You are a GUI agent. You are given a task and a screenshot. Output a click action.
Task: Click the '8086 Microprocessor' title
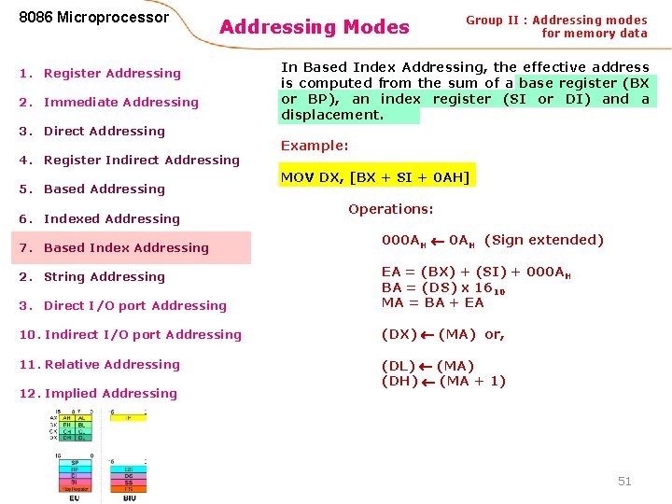94,17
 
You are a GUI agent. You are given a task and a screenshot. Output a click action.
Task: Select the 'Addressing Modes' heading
314,27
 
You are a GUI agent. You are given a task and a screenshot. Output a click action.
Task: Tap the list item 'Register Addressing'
112,73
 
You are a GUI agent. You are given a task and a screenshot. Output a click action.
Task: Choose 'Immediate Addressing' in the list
120,102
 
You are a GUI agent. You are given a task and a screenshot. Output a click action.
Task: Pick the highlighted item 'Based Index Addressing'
126,247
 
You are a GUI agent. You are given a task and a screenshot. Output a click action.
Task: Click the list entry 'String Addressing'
104,276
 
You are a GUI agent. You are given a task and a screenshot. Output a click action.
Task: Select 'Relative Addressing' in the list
112,364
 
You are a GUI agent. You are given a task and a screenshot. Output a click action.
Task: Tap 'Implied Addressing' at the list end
110,393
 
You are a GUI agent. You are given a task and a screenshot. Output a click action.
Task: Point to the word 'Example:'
315,146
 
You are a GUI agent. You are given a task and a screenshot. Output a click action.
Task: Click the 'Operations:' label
390,209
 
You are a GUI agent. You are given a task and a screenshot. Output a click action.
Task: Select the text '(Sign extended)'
544,240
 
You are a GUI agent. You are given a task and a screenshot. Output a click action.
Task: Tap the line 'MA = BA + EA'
432,302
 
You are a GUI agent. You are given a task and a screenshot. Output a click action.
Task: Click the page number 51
624,481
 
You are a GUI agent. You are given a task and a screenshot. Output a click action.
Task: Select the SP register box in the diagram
74,462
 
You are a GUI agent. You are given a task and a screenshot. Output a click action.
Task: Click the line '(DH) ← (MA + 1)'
443,381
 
